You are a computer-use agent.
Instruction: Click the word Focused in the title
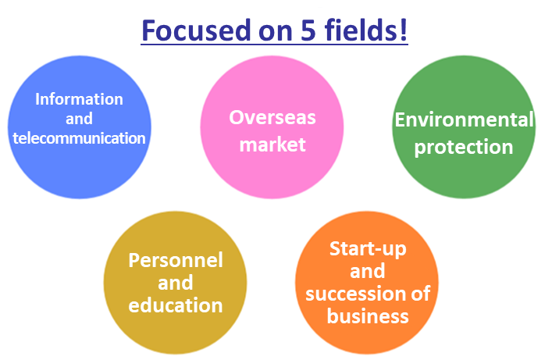197,30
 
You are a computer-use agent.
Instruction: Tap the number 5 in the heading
308,30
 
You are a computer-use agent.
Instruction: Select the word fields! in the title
366,30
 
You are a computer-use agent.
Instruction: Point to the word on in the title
276,33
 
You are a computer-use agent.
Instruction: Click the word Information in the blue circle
79,99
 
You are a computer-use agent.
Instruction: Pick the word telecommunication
79,138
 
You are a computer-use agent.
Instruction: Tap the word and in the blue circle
79,119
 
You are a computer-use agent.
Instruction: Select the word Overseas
272,117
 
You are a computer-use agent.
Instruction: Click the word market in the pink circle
272,144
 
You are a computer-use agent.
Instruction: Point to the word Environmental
464,119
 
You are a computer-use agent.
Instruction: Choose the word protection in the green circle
464,148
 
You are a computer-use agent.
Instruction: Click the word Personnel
176,261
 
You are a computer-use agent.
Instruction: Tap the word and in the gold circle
176,283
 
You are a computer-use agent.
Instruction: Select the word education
176,305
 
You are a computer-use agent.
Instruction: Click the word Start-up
368,249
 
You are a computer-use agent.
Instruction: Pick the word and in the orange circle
368,271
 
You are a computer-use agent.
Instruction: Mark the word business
368,315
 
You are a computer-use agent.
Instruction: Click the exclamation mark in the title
404,30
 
